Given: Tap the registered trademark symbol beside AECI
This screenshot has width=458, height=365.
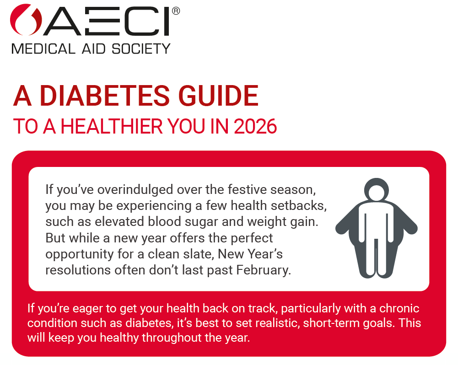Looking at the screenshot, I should click(x=176, y=10).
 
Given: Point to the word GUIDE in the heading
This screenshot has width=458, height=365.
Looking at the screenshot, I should click(x=223, y=97).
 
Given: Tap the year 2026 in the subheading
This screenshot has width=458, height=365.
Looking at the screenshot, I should click(x=255, y=127).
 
